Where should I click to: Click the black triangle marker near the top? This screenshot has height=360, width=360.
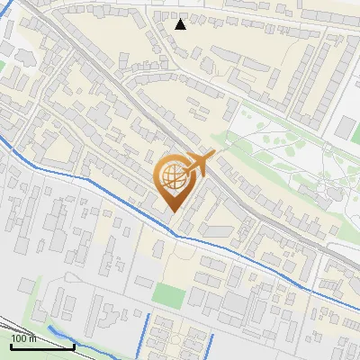tap(181, 24)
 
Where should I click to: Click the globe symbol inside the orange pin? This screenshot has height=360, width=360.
tap(172, 177)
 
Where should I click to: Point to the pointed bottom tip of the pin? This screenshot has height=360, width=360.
tap(174, 211)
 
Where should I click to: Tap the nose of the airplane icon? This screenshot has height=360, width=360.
tap(213, 155)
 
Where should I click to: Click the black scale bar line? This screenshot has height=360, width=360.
tap(42, 346)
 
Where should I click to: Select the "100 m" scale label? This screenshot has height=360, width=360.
tap(22, 338)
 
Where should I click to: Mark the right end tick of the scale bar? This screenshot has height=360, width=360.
tap(75, 345)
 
